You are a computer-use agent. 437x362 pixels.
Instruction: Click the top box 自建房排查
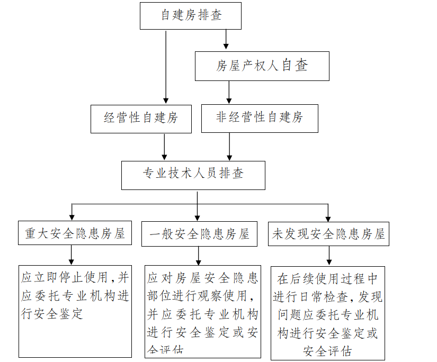click(x=191, y=15)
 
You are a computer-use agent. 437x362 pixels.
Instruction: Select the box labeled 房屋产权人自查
click(x=262, y=66)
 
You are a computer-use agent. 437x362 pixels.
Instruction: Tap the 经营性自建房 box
click(x=141, y=118)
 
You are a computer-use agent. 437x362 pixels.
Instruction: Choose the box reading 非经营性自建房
click(x=260, y=117)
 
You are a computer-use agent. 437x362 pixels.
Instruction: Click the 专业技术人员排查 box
click(x=193, y=175)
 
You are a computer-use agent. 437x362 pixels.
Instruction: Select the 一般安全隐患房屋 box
click(x=199, y=233)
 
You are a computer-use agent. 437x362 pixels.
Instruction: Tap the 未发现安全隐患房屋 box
click(x=328, y=233)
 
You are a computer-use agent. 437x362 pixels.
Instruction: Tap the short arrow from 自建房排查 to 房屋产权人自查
click(x=226, y=40)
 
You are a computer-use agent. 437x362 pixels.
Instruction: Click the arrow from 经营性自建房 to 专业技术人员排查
click(x=164, y=147)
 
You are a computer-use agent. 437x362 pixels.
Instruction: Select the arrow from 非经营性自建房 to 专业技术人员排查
click(x=229, y=147)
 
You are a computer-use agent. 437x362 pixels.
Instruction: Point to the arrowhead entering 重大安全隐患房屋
click(x=72, y=216)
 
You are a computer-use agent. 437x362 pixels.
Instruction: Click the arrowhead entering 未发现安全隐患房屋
click(x=328, y=216)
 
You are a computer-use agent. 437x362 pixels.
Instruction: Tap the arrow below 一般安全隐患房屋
click(x=199, y=256)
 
